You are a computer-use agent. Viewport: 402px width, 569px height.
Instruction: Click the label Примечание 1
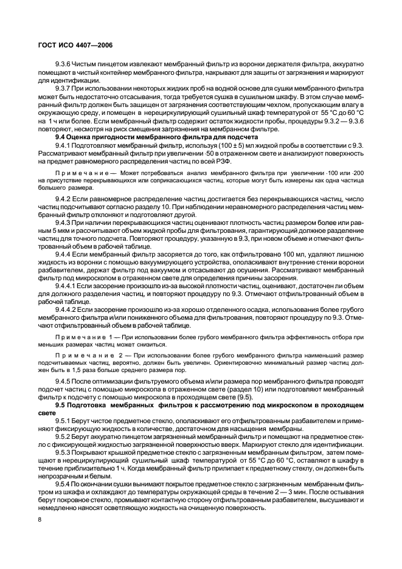87,336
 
